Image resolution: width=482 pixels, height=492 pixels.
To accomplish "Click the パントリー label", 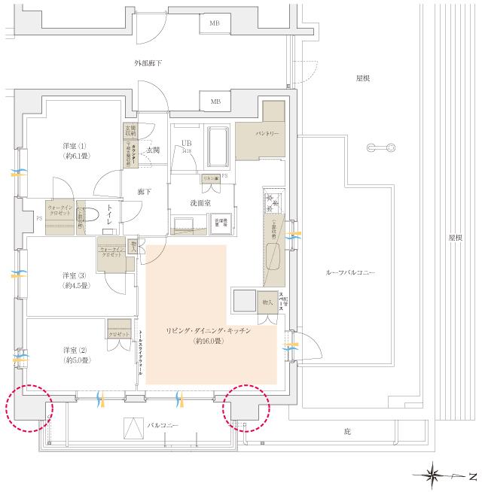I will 267,133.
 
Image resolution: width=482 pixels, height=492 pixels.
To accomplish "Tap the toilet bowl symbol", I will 90,214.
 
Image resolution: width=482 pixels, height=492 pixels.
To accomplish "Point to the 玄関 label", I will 152,150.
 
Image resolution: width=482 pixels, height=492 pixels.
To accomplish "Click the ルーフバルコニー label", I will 350,272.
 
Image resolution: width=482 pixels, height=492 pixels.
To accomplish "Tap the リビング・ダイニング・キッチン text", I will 208,330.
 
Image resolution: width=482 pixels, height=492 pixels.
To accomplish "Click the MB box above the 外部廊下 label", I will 215,23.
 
